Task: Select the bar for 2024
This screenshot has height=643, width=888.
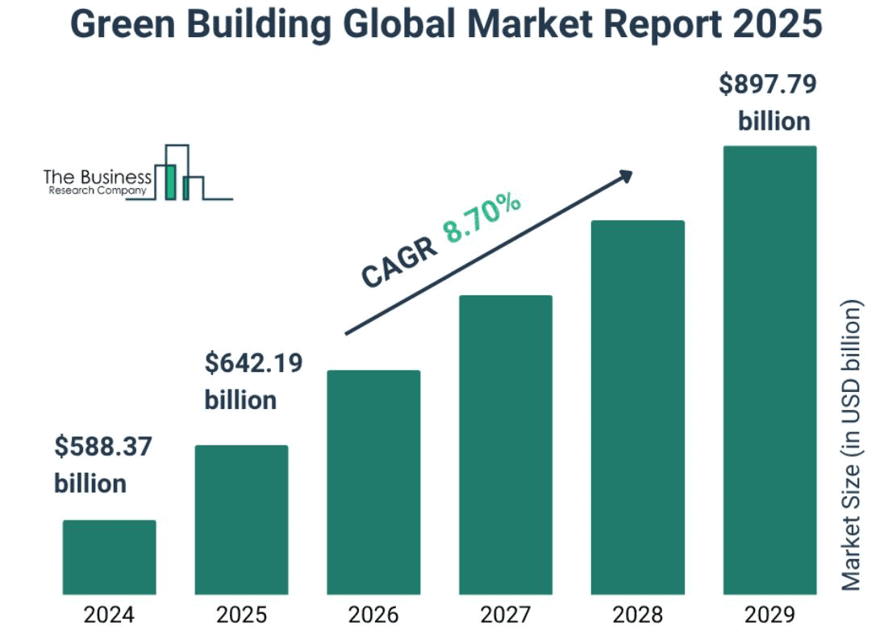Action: (x=109, y=557)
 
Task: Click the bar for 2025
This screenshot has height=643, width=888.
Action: (x=241, y=520)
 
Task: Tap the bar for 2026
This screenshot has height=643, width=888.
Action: (x=373, y=482)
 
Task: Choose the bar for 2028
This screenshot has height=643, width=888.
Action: (x=638, y=407)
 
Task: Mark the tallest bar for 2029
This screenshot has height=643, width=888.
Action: (x=769, y=370)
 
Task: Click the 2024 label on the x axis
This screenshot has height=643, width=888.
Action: (x=109, y=616)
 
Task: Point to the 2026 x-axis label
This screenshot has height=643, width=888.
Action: (x=373, y=616)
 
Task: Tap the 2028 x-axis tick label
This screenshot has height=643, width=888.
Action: (x=638, y=616)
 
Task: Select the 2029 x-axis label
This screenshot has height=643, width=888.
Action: (x=769, y=616)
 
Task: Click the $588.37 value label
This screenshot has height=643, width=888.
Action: (x=103, y=446)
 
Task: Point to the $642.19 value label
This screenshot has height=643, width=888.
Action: (x=253, y=363)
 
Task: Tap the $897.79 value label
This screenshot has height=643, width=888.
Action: (x=767, y=84)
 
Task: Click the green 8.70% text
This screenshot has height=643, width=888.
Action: (x=482, y=219)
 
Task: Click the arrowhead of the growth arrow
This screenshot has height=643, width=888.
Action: (x=624, y=176)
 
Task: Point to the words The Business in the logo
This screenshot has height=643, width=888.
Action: (x=97, y=176)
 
